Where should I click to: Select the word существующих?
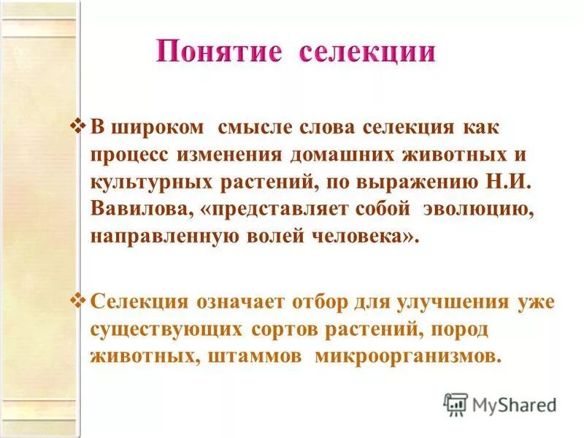tap(166, 329)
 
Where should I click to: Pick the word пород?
tap(458, 329)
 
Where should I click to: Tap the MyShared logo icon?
tap(456, 403)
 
